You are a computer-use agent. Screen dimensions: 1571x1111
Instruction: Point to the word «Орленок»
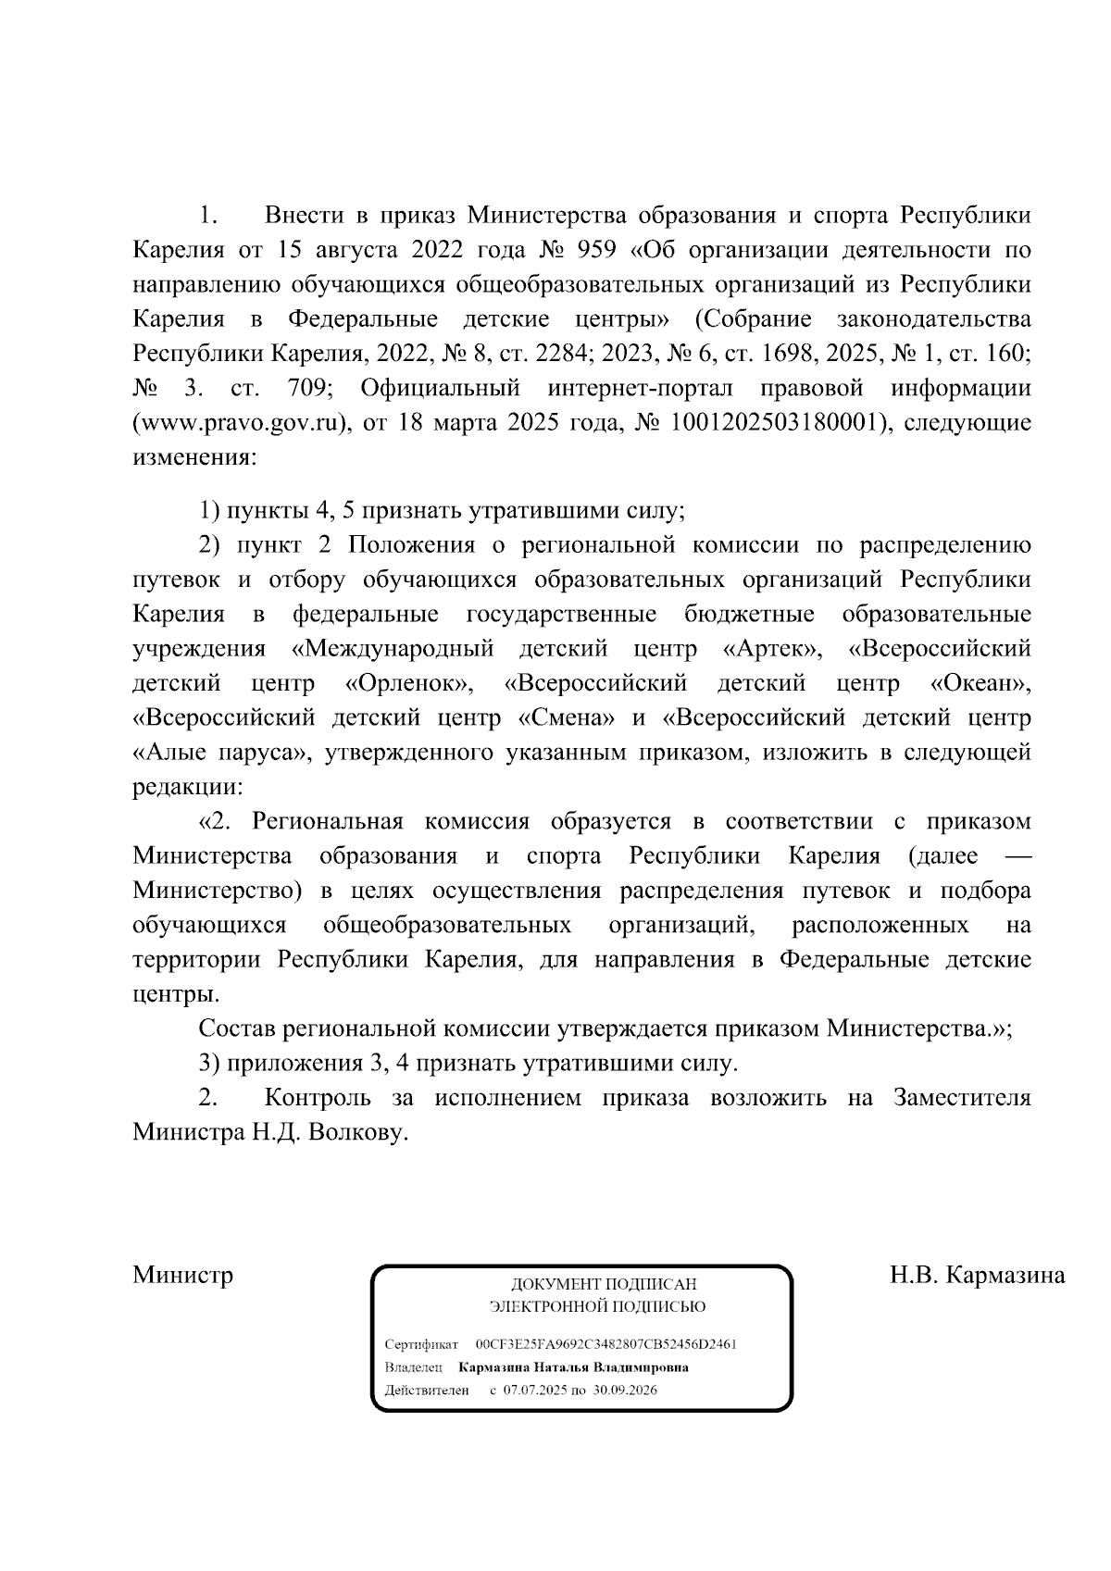tap(410, 684)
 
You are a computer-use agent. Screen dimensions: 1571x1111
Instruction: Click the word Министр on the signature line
tap(182, 1275)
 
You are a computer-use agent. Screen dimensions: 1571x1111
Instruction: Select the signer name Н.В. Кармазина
tap(977, 1275)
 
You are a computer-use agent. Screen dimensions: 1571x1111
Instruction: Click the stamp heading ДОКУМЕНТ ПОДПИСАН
tap(603, 1285)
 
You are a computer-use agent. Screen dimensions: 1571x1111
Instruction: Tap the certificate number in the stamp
tap(605, 1343)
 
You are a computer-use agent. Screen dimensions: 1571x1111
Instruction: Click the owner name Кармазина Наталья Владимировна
tap(573, 1367)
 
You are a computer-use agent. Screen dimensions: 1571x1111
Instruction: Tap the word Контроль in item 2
tap(318, 1098)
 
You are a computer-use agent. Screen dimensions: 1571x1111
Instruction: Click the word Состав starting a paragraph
tap(237, 1029)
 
